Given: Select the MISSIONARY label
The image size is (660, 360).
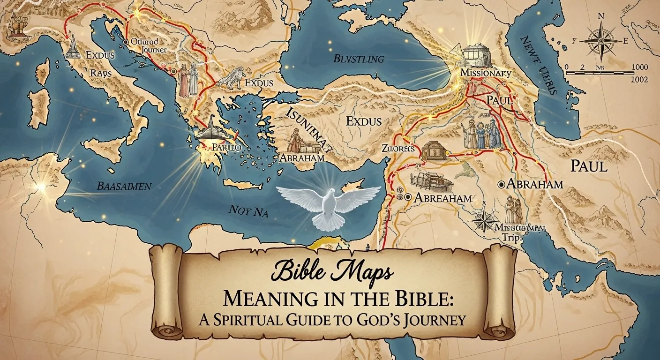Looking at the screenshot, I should click(485, 73).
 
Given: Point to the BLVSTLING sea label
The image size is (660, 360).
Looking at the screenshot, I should click(359, 59).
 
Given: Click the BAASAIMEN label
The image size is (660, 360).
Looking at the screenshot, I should click(124, 186).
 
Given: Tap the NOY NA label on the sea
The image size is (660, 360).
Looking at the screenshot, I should click(249, 210).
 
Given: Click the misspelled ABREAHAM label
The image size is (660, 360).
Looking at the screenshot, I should click(442, 198).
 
